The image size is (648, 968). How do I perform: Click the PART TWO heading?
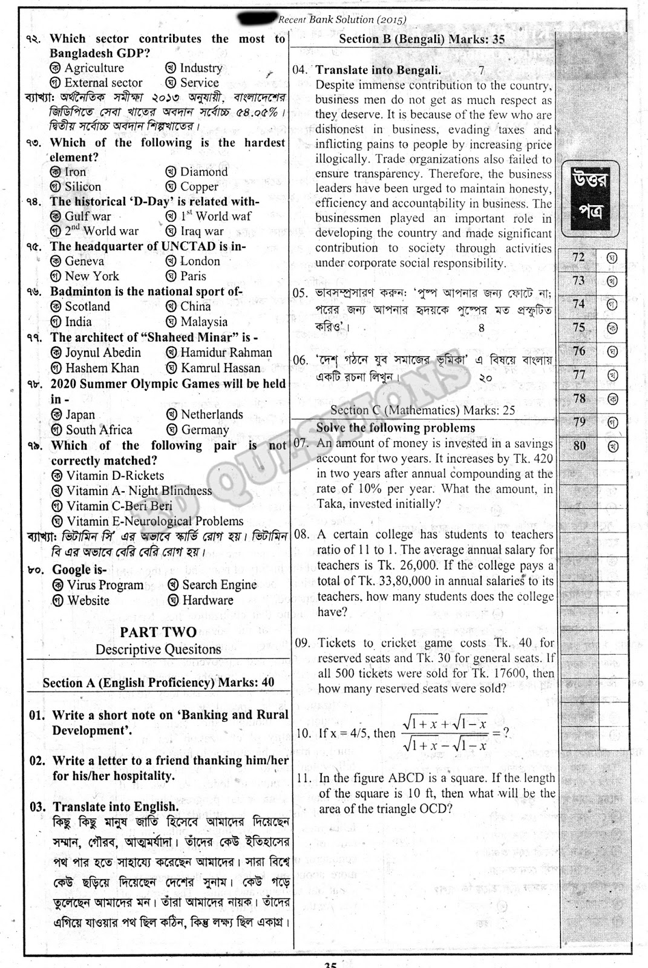pyautogui.click(x=158, y=632)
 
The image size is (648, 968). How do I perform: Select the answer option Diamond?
pyautogui.click(x=203, y=172)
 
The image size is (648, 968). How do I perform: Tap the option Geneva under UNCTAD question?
pyautogui.click(x=83, y=261)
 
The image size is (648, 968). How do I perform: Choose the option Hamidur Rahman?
pyautogui.click(x=226, y=353)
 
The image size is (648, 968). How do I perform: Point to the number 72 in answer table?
pyautogui.click(x=579, y=257)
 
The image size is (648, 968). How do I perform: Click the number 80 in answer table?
pyautogui.click(x=580, y=446)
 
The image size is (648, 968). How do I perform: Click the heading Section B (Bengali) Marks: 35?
pyautogui.click(x=422, y=39)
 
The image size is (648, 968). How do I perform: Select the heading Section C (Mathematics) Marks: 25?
pyautogui.click(x=422, y=410)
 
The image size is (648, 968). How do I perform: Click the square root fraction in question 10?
pyautogui.click(x=445, y=733)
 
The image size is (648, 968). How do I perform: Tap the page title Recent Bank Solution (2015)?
pyautogui.click(x=342, y=19)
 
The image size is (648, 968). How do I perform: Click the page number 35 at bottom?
pyautogui.click(x=330, y=963)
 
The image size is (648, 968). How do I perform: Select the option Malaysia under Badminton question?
pyautogui.click(x=204, y=322)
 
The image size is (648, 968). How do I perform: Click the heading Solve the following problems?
pyautogui.click(x=396, y=428)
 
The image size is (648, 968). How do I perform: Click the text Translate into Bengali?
pyautogui.click(x=378, y=70)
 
